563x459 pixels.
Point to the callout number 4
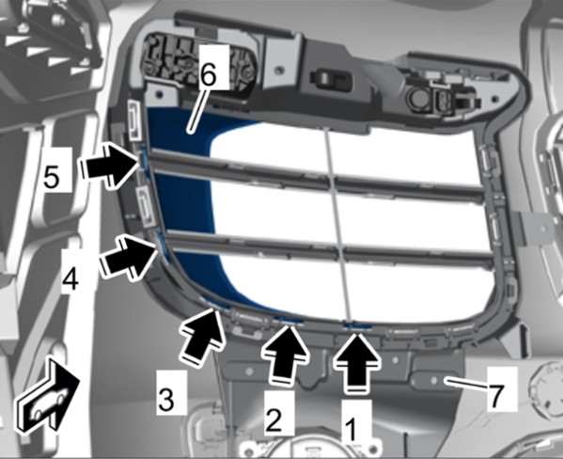point(70,277)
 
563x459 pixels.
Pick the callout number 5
point(52,176)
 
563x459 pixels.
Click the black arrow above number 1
point(356,363)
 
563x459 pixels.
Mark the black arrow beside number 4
point(129,256)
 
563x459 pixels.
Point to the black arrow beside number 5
point(110,165)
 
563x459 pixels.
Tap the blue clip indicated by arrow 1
point(356,326)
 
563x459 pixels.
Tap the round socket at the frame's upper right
point(417,98)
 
